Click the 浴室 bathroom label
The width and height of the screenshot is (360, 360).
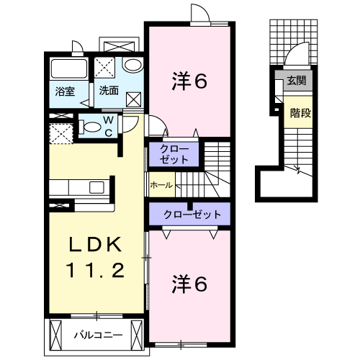[x=65, y=91]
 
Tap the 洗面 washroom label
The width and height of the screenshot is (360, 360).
[x=109, y=91]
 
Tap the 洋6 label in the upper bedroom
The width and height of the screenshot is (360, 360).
[x=190, y=81]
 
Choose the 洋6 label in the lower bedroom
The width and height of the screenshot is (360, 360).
[x=190, y=284]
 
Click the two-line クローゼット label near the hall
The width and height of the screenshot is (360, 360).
[x=171, y=154]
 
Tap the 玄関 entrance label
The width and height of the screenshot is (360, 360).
[x=296, y=81]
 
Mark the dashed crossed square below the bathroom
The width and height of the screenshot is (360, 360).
[x=60, y=133]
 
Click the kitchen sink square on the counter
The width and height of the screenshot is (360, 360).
[x=96, y=188]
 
